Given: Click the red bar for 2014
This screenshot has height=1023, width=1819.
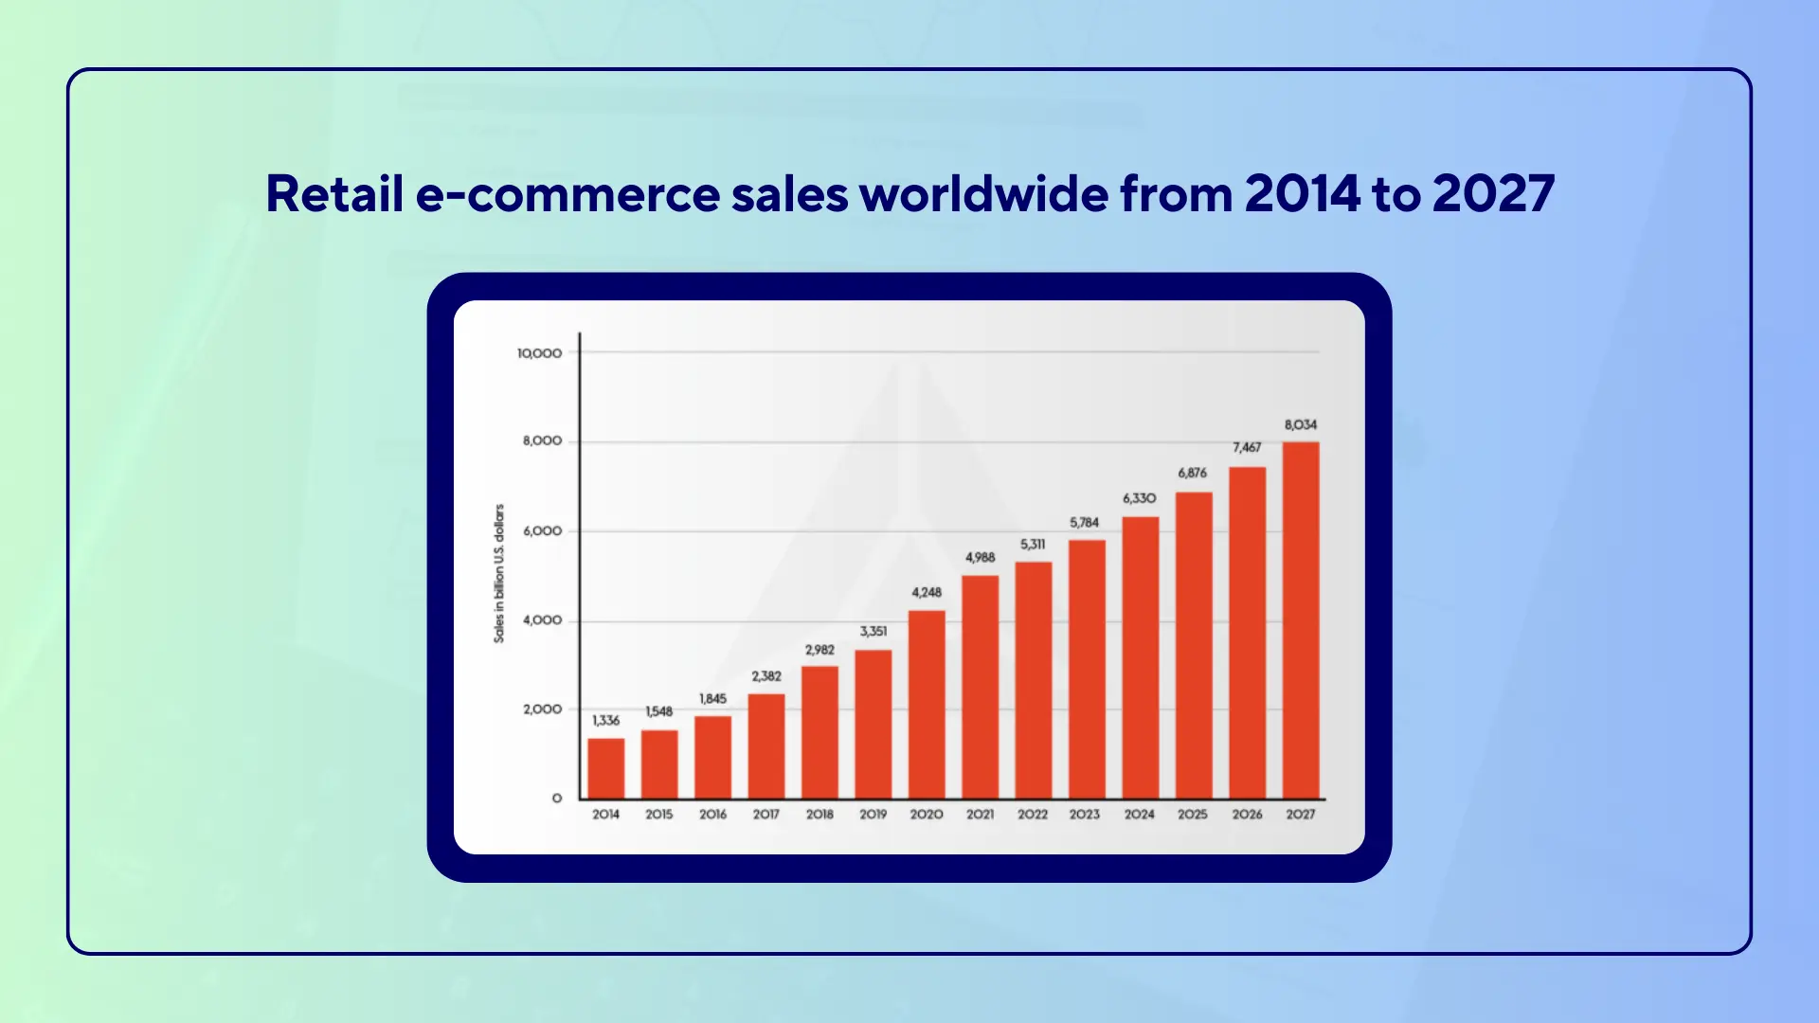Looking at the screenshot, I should point(605,768).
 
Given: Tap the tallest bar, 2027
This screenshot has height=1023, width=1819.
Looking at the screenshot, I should point(1301,620).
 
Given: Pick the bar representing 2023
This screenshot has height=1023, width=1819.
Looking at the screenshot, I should point(1087,669).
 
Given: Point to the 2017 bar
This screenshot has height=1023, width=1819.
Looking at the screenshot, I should point(766,746).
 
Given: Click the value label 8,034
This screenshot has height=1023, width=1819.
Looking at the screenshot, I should point(1301,425).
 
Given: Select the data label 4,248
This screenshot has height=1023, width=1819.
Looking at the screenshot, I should point(927,593).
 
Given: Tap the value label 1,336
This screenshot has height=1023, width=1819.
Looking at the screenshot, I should point(605,721).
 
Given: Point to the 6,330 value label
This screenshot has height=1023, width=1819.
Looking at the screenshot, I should point(1139,498).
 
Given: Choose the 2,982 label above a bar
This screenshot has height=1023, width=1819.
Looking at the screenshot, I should point(819,650).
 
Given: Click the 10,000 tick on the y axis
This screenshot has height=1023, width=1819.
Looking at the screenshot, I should point(539,353).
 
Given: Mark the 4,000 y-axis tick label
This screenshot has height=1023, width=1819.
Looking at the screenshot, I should point(542,620).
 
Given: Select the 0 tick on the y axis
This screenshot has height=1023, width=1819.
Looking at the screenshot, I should point(557,799).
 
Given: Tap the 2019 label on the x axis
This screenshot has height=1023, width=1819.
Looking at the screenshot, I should point(873,815).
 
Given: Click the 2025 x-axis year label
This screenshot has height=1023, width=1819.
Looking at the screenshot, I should point(1193,815).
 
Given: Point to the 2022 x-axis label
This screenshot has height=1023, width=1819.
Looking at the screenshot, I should point(1033,815).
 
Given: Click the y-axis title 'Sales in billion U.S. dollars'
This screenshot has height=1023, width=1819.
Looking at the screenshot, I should point(499,573).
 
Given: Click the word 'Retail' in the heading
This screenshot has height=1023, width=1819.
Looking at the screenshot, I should point(334,194).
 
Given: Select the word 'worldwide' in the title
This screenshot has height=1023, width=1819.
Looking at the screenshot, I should point(983,194).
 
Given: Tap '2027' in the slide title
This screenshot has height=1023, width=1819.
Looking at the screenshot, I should point(1493,194).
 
